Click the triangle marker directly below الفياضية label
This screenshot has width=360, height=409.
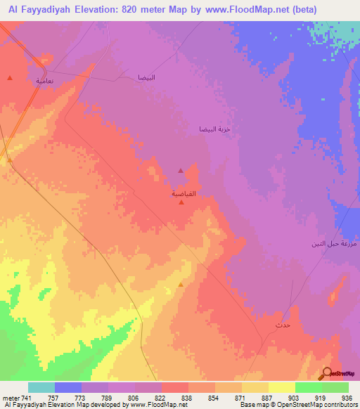pyautogui.click(x=182, y=203)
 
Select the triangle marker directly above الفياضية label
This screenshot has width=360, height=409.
pyautogui.click(x=181, y=170)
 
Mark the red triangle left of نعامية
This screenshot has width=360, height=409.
pyautogui.click(x=9, y=77)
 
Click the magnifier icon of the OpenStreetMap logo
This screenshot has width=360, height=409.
pyautogui.click(x=326, y=372)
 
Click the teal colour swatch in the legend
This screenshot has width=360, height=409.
pyautogui.click(x=41, y=387)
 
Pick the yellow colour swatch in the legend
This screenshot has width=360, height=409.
pyautogui.click(x=282, y=387)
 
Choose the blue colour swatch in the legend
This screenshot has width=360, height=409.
pyautogui.click(x=68, y=387)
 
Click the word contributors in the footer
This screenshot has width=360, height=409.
pyautogui.click(x=339, y=405)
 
